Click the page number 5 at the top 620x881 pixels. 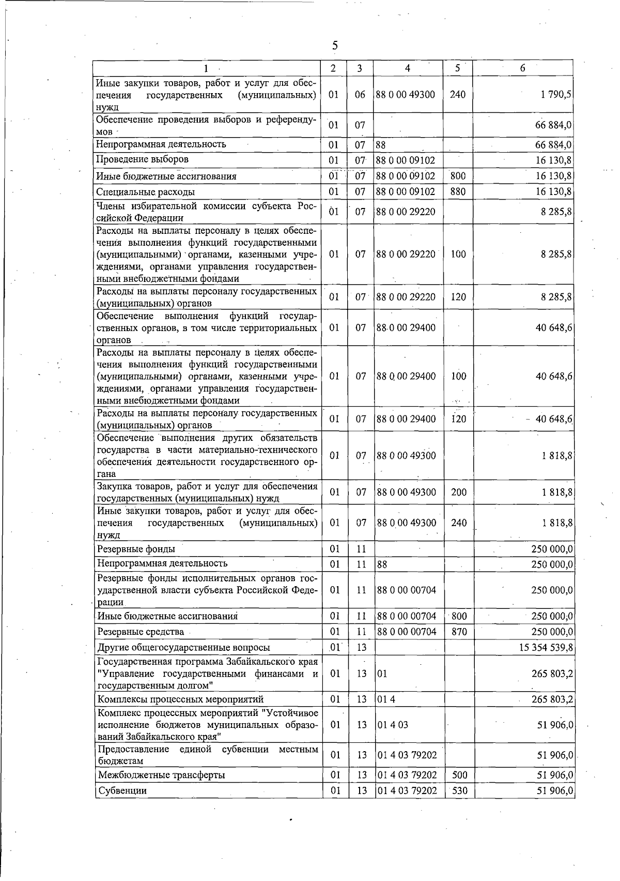coord(335,46)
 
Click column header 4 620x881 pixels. coord(408,68)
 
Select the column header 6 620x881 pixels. coord(523,68)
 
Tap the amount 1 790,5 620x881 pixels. coord(556,95)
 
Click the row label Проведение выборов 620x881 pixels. coord(143,159)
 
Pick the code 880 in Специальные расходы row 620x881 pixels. coord(458,192)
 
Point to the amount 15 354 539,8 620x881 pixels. coord(546,648)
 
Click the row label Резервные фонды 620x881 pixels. coord(136,549)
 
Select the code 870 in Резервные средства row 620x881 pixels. coord(459,632)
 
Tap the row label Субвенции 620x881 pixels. coord(122,791)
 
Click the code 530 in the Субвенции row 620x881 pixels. coord(459,791)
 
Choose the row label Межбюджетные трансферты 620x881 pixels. coord(161,775)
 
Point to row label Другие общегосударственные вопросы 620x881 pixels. coord(183,648)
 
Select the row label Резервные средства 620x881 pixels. coord(141,632)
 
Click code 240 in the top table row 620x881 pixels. coord(458,95)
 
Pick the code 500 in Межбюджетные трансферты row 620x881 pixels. coord(459,775)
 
